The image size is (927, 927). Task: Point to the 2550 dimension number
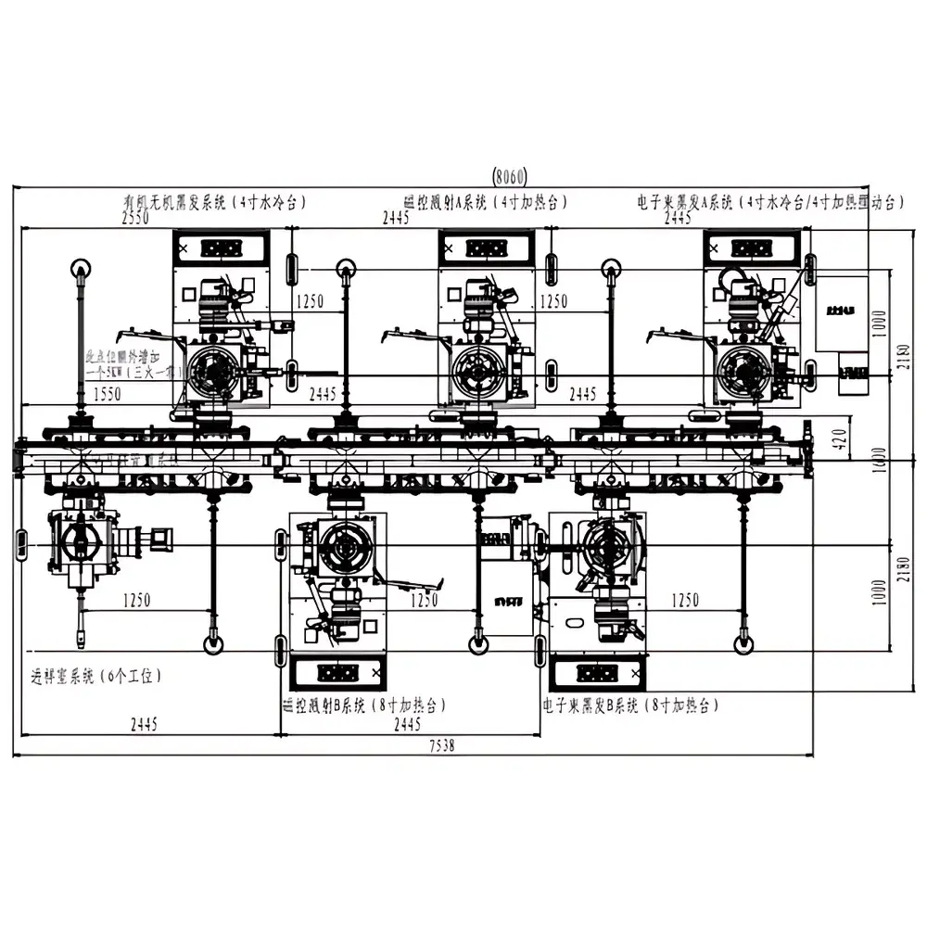point(135,219)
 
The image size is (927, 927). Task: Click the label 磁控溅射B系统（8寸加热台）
point(363,705)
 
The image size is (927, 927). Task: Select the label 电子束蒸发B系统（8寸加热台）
point(630,705)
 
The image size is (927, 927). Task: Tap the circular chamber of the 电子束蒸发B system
point(607,547)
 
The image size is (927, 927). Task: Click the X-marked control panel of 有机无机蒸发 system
point(221,248)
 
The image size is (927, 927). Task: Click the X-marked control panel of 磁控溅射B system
point(335,672)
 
